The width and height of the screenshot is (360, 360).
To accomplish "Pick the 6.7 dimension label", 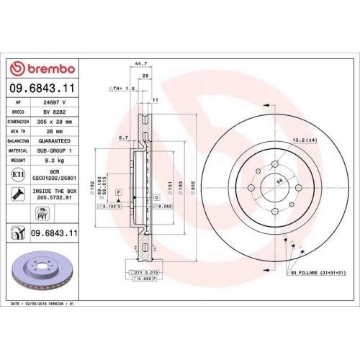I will point(123,138).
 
